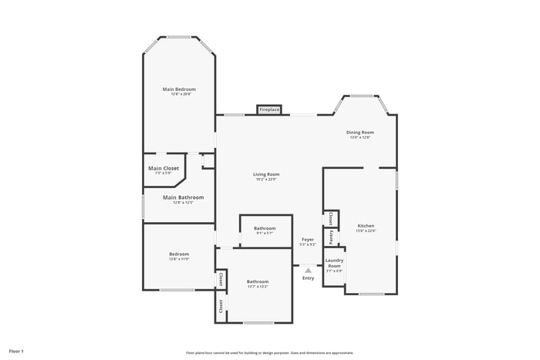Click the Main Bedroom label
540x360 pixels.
(179, 89)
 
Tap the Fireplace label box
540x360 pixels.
(269, 110)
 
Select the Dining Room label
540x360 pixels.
(361, 133)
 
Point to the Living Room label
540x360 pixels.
(265, 174)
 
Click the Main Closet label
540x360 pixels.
(164, 168)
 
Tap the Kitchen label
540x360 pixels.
(366, 226)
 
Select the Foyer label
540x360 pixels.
(308, 240)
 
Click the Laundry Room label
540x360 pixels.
(334, 263)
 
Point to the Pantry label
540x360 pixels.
(330, 237)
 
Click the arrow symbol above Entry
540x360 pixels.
(308, 270)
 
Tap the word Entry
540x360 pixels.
(308, 278)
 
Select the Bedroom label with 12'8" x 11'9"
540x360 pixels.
(179, 254)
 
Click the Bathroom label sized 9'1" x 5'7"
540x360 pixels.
(265, 228)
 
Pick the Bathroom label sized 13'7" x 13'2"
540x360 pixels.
(258, 281)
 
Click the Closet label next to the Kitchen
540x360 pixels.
(330, 218)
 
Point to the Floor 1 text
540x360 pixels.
(16, 351)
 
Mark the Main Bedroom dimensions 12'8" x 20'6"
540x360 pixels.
(179, 95)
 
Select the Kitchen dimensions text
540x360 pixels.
(366, 231)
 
